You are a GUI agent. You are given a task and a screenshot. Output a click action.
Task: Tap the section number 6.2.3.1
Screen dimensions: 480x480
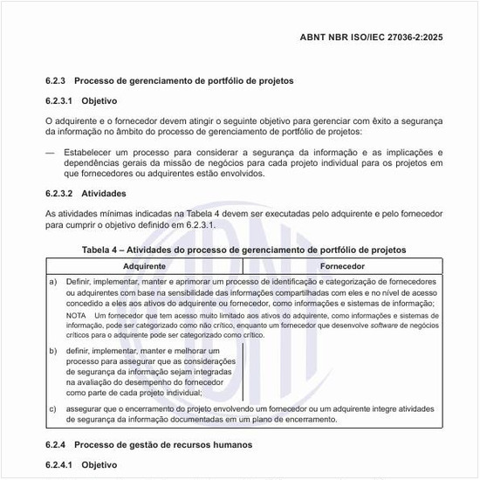tap(59, 100)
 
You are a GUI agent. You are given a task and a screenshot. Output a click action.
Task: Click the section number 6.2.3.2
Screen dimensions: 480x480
tap(59, 193)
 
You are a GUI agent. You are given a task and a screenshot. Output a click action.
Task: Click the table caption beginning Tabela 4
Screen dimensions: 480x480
tap(243, 250)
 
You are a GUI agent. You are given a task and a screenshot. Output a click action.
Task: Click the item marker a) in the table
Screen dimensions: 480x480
tap(53, 281)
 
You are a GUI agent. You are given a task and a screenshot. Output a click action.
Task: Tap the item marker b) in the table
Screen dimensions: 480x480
tap(53, 350)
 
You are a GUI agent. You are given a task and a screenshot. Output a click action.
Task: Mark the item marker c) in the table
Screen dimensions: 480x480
tap(53, 408)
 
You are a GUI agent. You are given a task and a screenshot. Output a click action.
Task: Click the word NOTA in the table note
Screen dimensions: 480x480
tap(75, 314)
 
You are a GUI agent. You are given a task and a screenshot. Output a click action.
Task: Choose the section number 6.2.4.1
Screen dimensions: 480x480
tap(59, 465)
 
